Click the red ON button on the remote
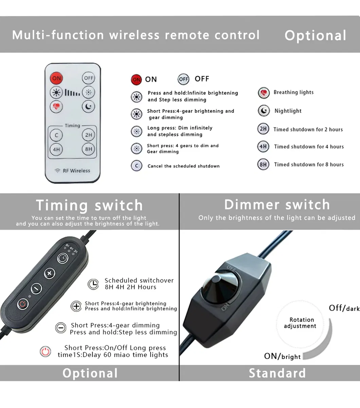click(x=56, y=78)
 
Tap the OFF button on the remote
click(x=89, y=78)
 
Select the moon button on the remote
click(x=89, y=106)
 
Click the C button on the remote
click(x=56, y=135)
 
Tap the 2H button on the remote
click(x=89, y=135)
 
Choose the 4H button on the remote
click(x=56, y=149)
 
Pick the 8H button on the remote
click(x=89, y=149)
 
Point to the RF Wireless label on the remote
click(x=72, y=171)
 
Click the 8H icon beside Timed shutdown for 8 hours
click(x=263, y=164)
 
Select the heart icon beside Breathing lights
click(x=264, y=93)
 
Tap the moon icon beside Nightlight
click(x=264, y=111)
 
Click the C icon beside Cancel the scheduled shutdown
click(x=137, y=166)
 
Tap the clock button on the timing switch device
click(x=63, y=258)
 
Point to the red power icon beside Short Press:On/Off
click(x=45, y=352)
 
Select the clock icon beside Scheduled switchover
click(x=93, y=284)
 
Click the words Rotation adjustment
click(x=300, y=323)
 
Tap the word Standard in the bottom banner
click(x=277, y=373)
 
